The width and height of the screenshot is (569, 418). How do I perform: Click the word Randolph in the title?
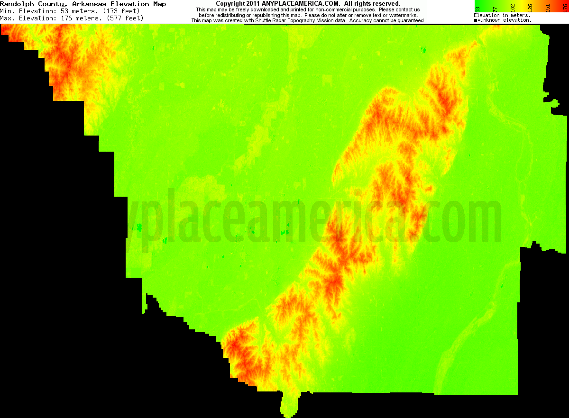[x=15, y=4]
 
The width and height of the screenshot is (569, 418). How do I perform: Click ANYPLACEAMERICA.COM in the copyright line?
[x=301, y=4]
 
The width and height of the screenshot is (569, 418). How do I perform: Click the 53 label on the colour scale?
[x=477, y=9]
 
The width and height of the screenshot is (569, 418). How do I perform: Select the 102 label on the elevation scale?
[x=512, y=9]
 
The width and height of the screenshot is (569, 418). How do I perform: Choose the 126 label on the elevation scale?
[x=530, y=9]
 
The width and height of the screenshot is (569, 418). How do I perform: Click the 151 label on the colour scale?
[x=548, y=9]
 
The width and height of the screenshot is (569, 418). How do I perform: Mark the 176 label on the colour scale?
[x=565, y=9]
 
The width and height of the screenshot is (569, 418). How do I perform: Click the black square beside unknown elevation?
[x=476, y=20]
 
